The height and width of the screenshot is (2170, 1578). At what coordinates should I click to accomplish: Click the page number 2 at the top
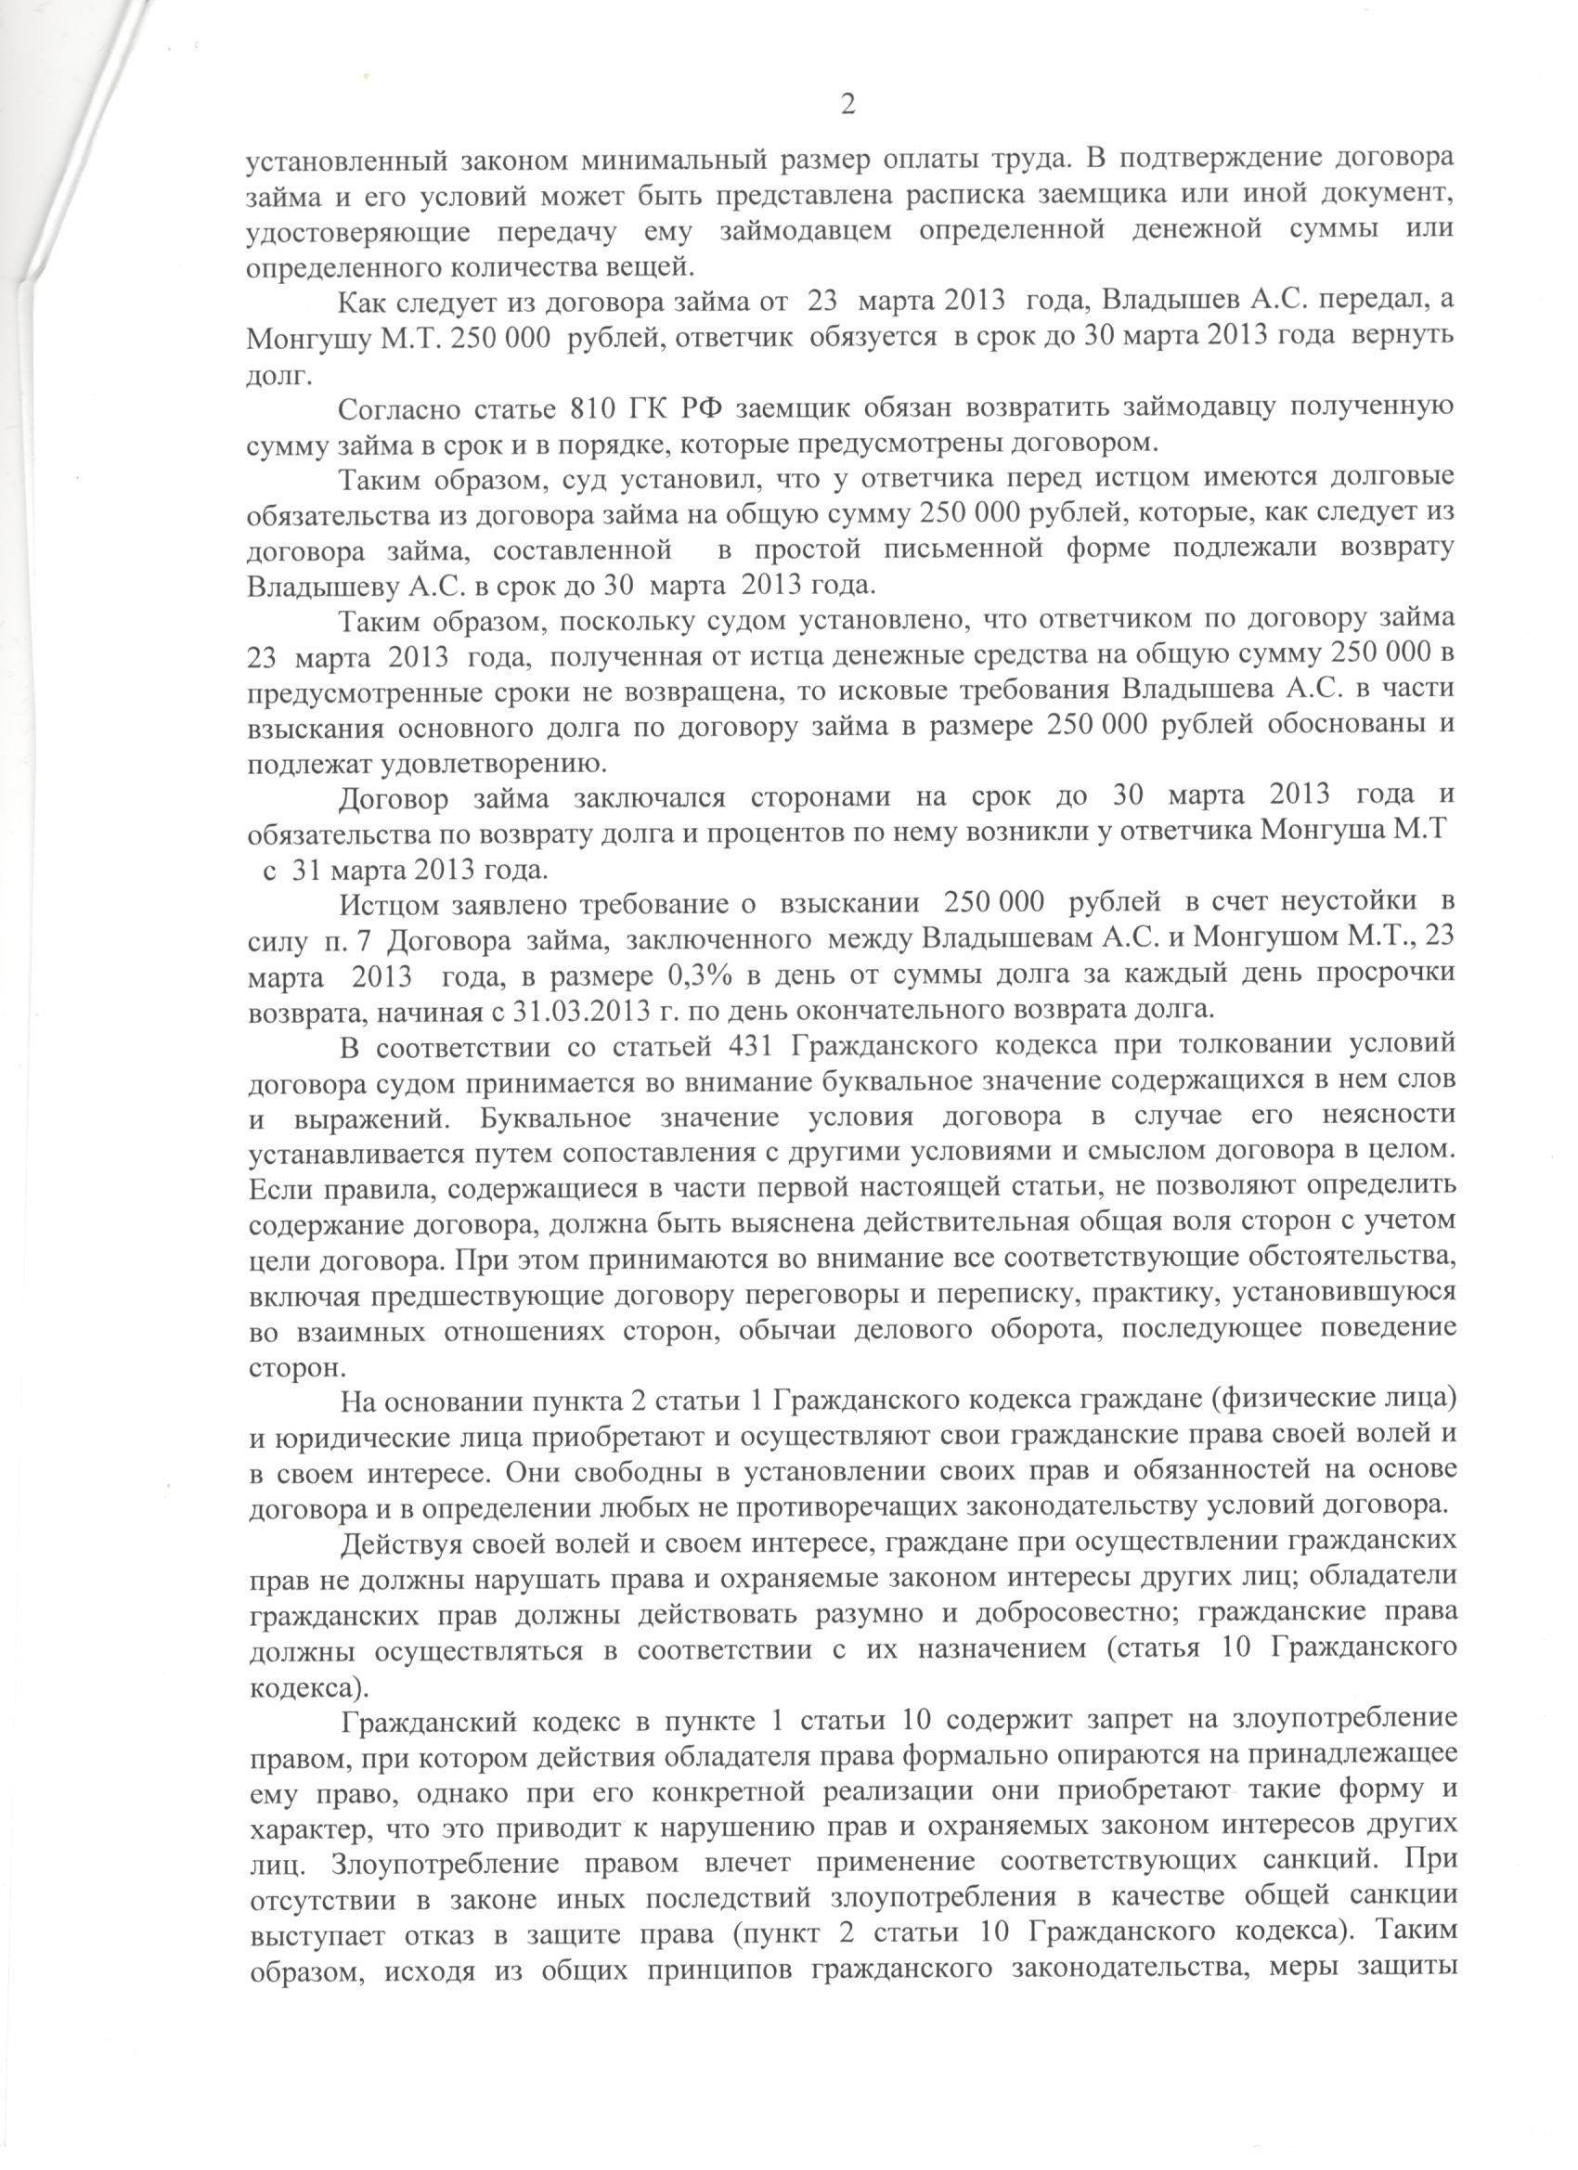click(x=847, y=104)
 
